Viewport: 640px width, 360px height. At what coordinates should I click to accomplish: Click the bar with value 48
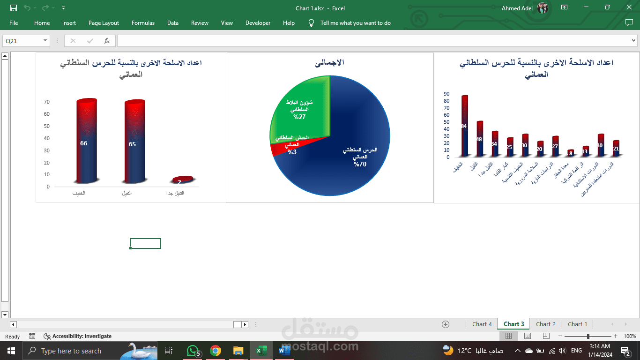click(x=479, y=139)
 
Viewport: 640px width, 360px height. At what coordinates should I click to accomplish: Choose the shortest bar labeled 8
click(x=570, y=153)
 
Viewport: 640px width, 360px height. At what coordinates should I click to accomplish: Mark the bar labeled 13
click(x=585, y=151)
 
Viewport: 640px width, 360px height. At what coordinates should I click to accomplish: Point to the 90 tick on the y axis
click(x=447, y=94)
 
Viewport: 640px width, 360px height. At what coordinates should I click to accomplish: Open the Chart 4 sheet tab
click(x=482, y=324)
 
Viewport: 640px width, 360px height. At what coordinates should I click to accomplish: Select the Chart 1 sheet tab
click(x=577, y=324)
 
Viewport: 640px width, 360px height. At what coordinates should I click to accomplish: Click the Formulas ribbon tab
click(x=143, y=23)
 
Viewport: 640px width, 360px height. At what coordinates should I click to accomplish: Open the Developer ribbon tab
click(x=258, y=23)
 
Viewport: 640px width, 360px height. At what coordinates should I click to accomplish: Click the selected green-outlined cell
click(x=145, y=243)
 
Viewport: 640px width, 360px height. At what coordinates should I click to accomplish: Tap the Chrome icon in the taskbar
click(x=216, y=351)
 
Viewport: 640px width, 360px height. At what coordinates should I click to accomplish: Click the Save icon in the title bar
click(x=14, y=8)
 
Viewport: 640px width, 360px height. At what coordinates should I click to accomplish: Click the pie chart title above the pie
click(x=330, y=62)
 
